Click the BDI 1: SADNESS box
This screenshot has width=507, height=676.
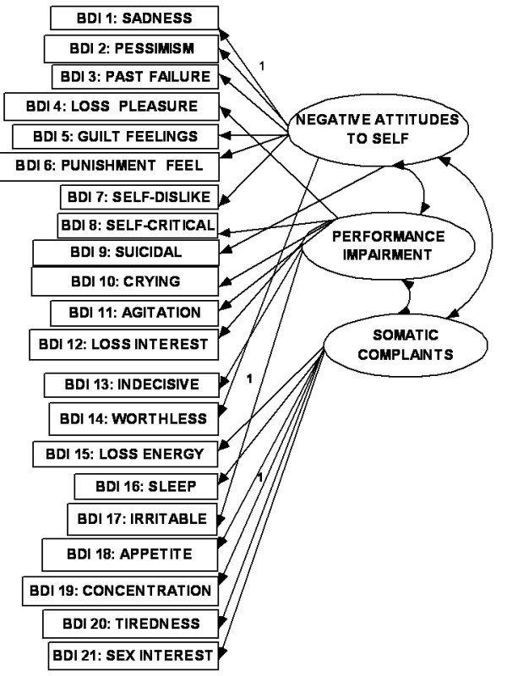pyautogui.click(x=134, y=17)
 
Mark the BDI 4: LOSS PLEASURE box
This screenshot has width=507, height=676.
pyautogui.click(x=112, y=106)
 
